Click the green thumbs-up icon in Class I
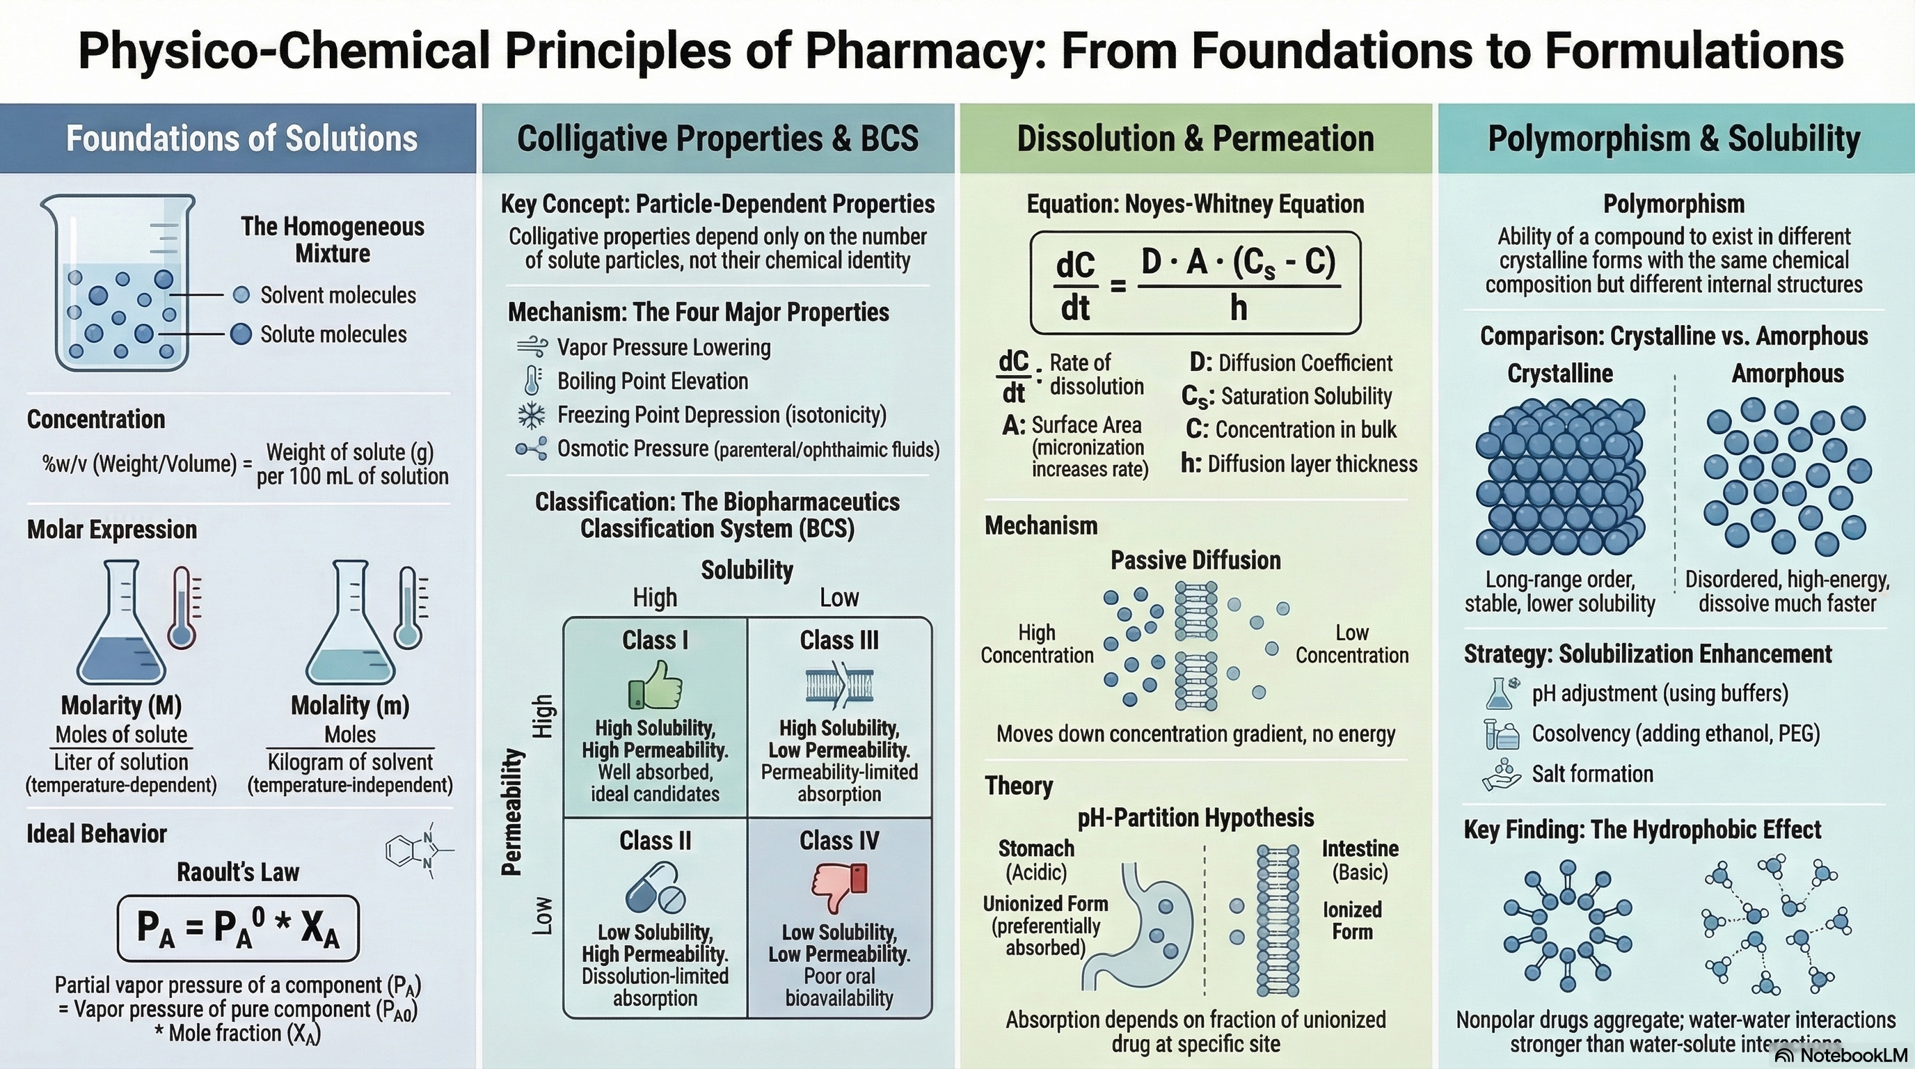tap(655, 685)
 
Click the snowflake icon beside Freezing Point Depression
tap(531, 415)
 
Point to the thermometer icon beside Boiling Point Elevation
tap(532, 381)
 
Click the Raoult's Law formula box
tap(238, 928)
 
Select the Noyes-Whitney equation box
tap(1195, 283)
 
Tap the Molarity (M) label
tap(121, 705)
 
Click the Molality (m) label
tap(349, 705)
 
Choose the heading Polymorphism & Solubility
tap(1674, 139)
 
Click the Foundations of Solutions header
tap(241, 139)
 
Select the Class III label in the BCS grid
tap(839, 640)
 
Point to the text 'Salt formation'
tap(1592, 774)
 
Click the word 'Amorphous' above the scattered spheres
tap(1787, 373)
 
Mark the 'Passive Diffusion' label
tap(1195, 560)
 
